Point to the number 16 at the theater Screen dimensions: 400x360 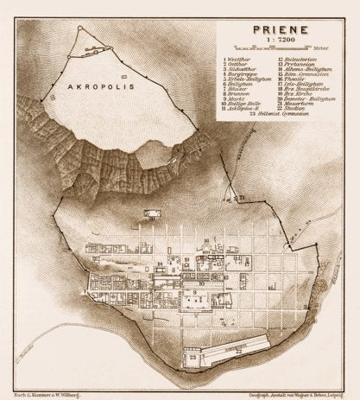pyautogui.click(x=205, y=240)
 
